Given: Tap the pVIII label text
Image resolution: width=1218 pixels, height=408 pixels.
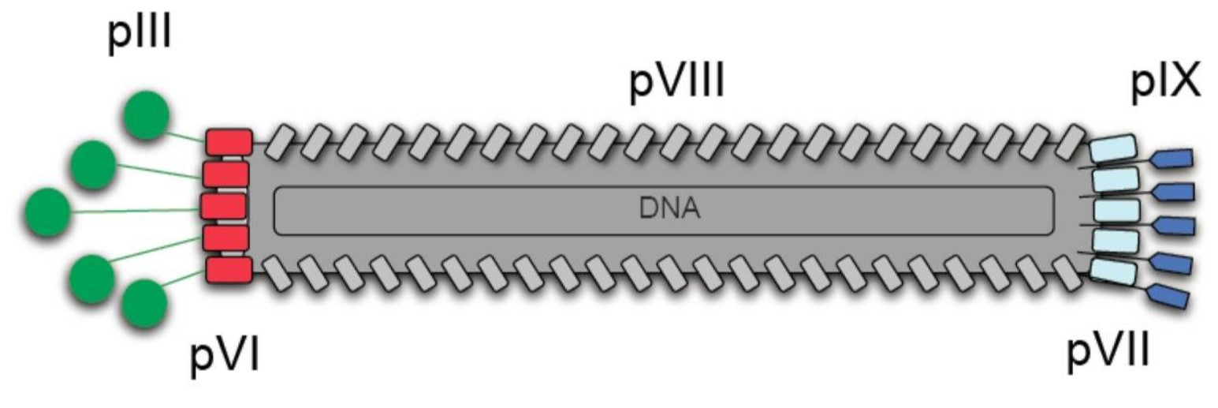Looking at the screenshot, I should (x=676, y=85).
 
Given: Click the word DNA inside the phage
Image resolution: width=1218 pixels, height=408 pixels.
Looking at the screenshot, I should (x=662, y=210).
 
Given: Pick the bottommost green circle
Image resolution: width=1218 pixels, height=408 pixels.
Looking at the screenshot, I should (x=144, y=304).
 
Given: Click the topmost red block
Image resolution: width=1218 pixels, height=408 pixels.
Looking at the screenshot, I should (x=229, y=142).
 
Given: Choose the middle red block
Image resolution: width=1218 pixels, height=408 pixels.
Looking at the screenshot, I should (x=225, y=206).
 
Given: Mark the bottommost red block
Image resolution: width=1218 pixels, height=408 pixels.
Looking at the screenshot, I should (x=229, y=269).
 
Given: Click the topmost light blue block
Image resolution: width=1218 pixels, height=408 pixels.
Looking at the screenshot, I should (x=1113, y=148).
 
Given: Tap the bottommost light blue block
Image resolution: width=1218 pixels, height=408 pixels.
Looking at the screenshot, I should (x=1113, y=271).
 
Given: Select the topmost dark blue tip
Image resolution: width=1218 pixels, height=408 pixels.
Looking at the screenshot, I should (x=1171, y=159).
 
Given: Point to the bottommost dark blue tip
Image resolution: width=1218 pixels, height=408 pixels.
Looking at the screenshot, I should (x=1168, y=297).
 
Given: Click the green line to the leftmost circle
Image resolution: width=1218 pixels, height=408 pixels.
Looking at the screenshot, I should (x=134, y=211).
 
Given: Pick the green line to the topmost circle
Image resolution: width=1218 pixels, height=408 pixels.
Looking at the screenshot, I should (x=186, y=137).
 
